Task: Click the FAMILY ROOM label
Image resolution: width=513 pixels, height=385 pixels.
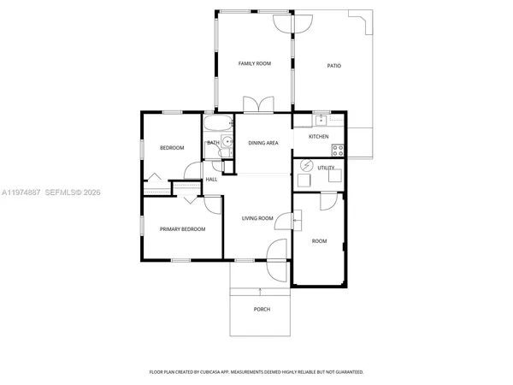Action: (254, 64)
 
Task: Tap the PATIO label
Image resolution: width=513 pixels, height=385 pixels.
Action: (334, 66)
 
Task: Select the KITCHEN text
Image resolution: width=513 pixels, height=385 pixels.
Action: (318, 137)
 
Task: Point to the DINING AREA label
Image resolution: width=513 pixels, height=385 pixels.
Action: (263, 143)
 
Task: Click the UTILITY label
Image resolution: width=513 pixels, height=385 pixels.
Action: (326, 168)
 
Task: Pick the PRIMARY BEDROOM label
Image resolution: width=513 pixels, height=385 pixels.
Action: (182, 229)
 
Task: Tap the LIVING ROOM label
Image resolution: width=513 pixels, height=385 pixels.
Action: (257, 219)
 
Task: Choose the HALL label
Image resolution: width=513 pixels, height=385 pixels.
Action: (211, 180)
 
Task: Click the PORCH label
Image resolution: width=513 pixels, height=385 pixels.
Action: (262, 310)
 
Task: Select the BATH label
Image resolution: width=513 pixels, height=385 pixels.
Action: (213, 143)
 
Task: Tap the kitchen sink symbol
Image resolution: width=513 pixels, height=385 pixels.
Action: (321, 120)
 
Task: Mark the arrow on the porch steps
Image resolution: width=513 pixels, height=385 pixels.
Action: (260, 292)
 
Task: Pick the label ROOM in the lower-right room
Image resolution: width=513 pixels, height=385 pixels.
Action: (319, 241)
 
